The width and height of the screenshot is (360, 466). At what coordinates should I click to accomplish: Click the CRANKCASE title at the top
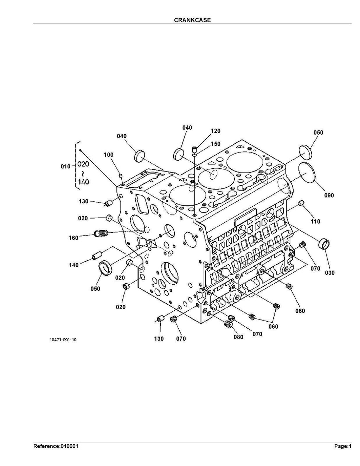(x=192, y=20)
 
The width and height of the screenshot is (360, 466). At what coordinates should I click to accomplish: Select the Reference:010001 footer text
(x=56, y=446)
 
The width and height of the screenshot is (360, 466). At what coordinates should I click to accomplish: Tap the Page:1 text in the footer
(x=342, y=446)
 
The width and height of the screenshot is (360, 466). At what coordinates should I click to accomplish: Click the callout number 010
(x=65, y=167)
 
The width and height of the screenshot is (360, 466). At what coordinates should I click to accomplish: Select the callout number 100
(x=109, y=155)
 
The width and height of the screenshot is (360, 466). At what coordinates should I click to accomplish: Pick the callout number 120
(x=216, y=131)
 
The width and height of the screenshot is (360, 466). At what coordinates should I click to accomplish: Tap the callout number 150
(x=216, y=144)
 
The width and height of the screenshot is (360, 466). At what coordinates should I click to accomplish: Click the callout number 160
(x=73, y=238)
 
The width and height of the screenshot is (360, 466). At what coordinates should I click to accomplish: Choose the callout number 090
(x=329, y=195)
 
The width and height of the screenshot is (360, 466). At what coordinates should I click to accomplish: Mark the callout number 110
(x=315, y=221)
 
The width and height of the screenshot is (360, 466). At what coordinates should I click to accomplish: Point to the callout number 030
(x=330, y=273)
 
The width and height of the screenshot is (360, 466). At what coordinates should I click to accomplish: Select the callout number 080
(x=238, y=337)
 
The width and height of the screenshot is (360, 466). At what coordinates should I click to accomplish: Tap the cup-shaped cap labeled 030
(x=324, y=244)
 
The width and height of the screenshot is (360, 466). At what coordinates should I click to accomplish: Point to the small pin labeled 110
(x=301, y=203)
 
